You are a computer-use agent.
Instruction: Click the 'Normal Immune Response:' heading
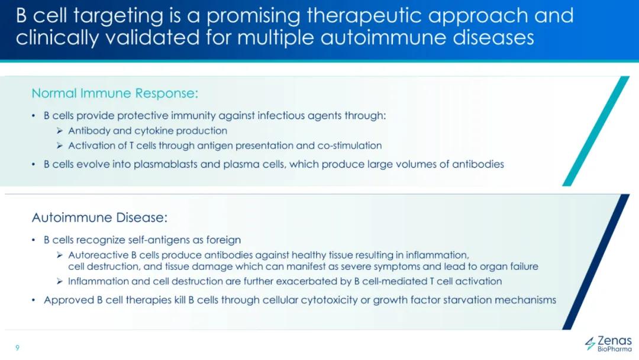point(115,94)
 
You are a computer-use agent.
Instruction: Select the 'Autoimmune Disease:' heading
point(99,217)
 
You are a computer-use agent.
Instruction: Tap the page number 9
point(17,348)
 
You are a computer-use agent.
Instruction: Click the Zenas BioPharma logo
point(608,343)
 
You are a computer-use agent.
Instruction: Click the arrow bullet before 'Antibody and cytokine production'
point(60,131)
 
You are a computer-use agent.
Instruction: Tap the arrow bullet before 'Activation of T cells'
point(60,146)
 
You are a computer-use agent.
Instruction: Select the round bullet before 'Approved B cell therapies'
point(34,300)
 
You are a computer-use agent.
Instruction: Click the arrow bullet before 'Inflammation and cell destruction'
point(60,281)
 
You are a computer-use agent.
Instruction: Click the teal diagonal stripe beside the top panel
point(596,131)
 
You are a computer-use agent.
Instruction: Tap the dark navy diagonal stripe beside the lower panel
point(596,262)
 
